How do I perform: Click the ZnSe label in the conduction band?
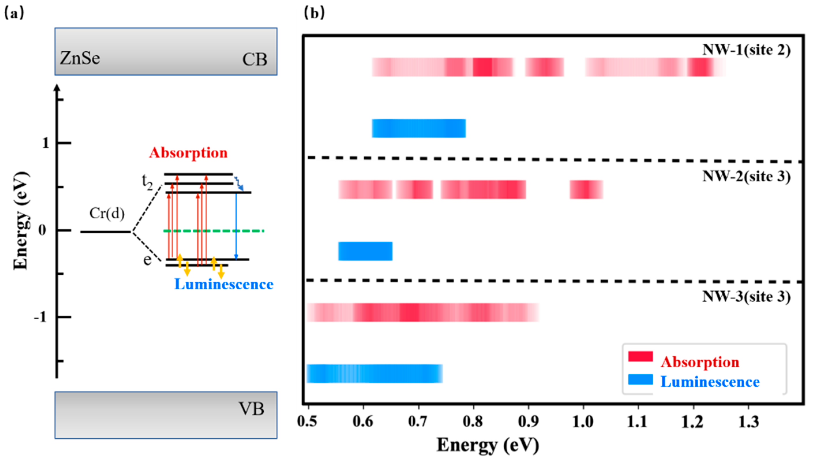pos(80,58)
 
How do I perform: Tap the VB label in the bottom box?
pos(251,409)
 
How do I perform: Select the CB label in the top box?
pos(254,59)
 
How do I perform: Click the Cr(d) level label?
pos(107,214)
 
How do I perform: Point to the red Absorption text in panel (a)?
pos(188,153)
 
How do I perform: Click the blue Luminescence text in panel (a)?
pos(224,284)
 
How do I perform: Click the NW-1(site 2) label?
pos(746,50)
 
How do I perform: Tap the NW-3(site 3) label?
pos(746,296)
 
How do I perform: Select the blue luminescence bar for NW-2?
pos(365,251)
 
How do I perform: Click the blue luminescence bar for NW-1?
pos(418,128)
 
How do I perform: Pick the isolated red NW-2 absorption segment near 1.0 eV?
pos(586,189)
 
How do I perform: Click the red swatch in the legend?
pos(640,356)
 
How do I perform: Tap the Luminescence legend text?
pos(710,382)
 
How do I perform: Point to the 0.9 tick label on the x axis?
pos(528,422)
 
